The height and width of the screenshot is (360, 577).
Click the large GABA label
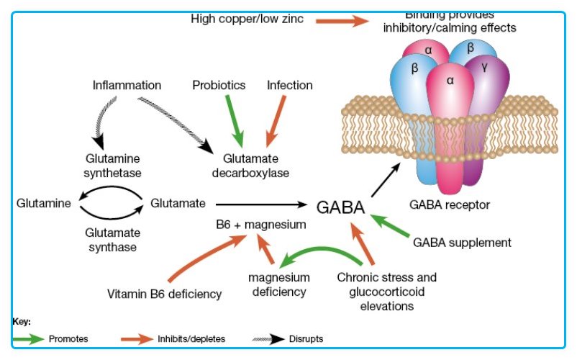pos(340,207)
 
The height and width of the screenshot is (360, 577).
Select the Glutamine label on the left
pos(44,204)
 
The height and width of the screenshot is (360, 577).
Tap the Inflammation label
pos(127,85)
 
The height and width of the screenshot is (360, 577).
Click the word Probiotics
pos(219,85)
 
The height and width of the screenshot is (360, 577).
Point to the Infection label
pos(290,85)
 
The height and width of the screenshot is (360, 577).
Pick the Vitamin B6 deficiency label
pos(164,293)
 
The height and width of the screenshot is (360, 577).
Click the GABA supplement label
pos(462,242)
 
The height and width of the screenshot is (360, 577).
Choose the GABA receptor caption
pos(450,204)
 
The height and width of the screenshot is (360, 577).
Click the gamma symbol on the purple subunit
pos(484,66)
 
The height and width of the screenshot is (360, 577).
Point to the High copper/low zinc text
pos(247,19)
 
